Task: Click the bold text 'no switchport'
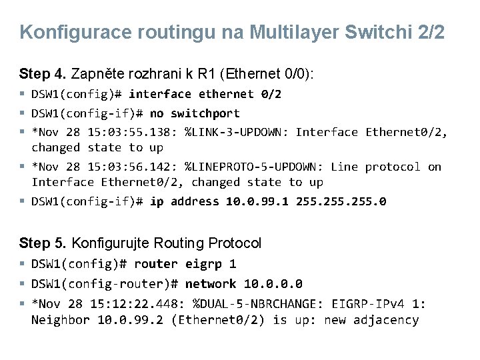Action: pos(195,113)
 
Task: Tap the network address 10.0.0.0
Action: pos(273,284)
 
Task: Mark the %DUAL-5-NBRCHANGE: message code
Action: pos(258,304)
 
